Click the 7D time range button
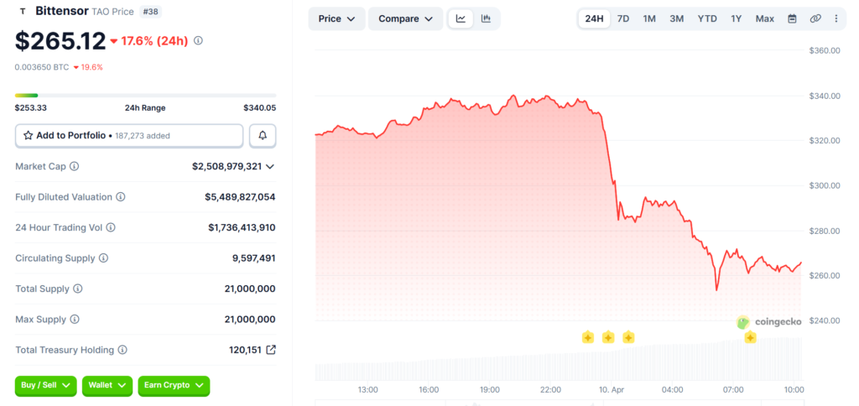pyautogui.click(x=623, y=18)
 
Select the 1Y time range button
pyautogui.click(x=736, y=18)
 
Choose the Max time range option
pyautogui.click(x=764, y=18)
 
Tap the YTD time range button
pyautogui.click(x=707, y=18)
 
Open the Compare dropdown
pyautogui.click(x=405, y=18)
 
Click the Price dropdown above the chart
pyautogui.click(x=336, y=18)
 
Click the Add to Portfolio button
pyautogui.click(x=129, y=135)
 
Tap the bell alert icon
pyautogui.click(x=263, y=135)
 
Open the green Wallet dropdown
pyautogui.click(x=107, y=385)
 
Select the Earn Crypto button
pyautogui.click(x=174, y=385)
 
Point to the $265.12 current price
pyautogui.click(x=60, y=40)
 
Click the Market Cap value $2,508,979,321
pyautogui.click(x=226, y=166)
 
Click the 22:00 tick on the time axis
pyautogui.click(x=551, y=389)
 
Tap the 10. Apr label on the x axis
pyautogui.click(x=612, y=389)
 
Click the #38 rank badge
pyautogui.click(x=151, y=12)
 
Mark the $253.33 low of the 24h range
pyautogui.click(x=30, y=107)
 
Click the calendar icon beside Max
pyautogui.click(x=792, y=18)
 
